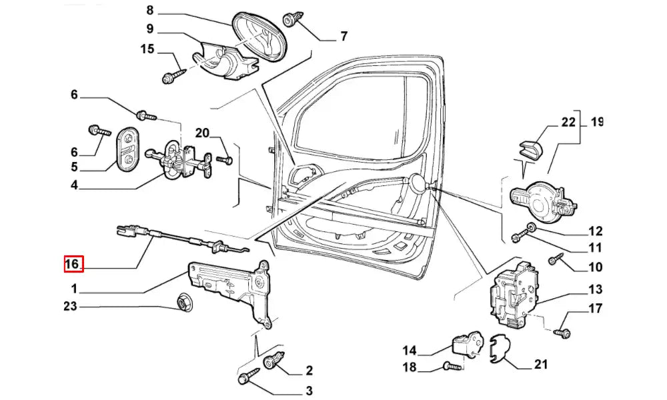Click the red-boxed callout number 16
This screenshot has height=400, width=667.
pyautogui.click(x=72, y=264)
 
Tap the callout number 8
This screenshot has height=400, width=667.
pyautogui.click(x=149, y=10)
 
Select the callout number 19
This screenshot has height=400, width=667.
pyautogui.click(x=596, y=122)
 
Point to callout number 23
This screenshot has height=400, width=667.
pyautogui.click(x=70, y=307)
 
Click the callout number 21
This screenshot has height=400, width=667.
pyautogui.click(x=541, y=364)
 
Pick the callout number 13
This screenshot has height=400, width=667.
pyautogui.click(x=595, y=289)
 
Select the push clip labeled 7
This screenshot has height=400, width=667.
pyautogui.click(x=291, y=20)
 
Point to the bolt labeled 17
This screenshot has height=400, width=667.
pyautogui.click(x=564, y=331)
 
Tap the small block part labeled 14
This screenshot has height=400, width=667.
pyautogui.click(x=467, y=343)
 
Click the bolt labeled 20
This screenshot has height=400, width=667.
pyautogui.click(x=225, y=160)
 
